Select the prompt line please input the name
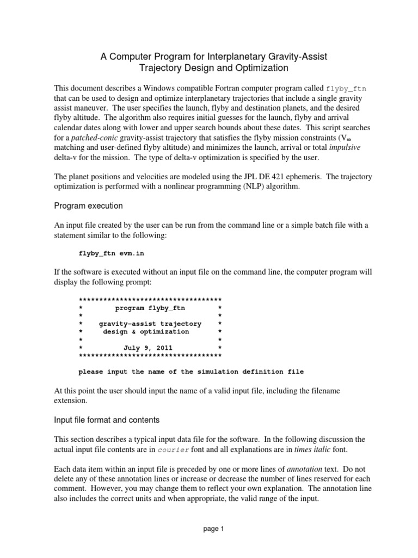191,372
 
